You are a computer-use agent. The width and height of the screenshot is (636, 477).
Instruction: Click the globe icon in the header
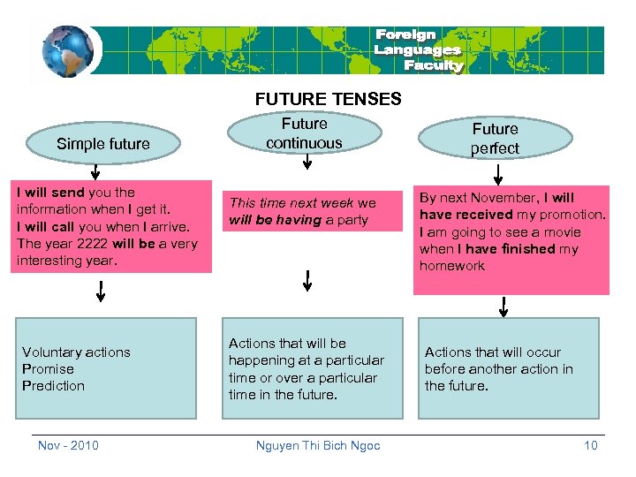pyautogui.click(x=67, y=51)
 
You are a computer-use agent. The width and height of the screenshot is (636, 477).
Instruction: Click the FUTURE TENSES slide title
pyautogui.click(x=328, y=99)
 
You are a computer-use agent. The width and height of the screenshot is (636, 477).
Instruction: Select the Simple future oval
pyautogui.click(x=103, y=144)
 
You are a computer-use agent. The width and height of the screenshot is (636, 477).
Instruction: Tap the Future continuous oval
pyautogui.click(x=304, y=133)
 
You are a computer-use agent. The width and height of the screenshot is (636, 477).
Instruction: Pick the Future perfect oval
pyautogui.click(x=495, y=139)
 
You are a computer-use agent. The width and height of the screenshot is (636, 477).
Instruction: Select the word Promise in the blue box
pyautogui.click(x=48, y=369)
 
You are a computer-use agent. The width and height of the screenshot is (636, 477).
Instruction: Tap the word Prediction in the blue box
pyautogui.click(x=53, y=386)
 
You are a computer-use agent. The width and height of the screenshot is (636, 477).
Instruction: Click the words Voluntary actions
pyautogui.click(x=76, y=352)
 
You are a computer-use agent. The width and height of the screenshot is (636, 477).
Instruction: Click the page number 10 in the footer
pyautogui.click(x=591, y=445)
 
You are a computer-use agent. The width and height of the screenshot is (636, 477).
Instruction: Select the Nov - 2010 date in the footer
pyautogui.click(x=68, y=445)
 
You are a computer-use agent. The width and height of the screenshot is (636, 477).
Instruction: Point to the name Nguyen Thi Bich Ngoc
pyautogui.click(x=318, y=445)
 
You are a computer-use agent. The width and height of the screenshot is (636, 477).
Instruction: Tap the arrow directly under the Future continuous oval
pyautogui.click(x=305, y=163)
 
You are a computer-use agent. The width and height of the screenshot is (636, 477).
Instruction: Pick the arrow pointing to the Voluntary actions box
pyautogui.click(x=101, y=291)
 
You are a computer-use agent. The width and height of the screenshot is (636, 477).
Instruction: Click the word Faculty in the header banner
pyautogui.click(x=433, y=65)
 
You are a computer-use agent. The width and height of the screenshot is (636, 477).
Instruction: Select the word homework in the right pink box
pyautogui.click(x=452, y=266)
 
